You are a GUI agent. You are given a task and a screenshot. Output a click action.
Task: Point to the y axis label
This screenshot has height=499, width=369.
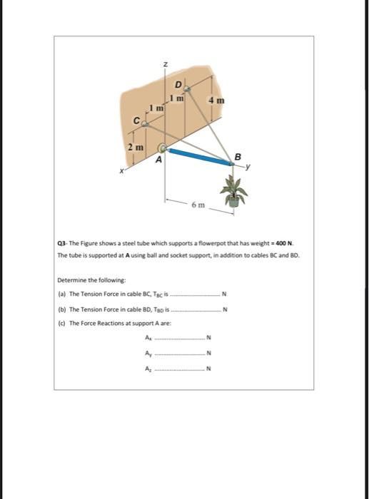coord(246,168)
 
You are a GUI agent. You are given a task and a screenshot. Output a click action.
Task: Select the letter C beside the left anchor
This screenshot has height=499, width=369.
coord(133,121)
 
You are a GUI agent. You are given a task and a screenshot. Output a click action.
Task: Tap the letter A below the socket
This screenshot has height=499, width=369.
coord(160,161)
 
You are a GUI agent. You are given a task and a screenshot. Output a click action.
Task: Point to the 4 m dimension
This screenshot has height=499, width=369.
coord(216,101)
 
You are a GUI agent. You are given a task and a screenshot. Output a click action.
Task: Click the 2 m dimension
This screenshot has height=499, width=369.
coord(135,146)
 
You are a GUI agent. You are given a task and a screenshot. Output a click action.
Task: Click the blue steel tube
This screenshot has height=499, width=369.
coord(200,157)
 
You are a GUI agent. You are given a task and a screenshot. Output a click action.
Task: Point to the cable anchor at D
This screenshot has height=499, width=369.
coord(187,89)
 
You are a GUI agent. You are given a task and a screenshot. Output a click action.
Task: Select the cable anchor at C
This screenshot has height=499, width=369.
coord(143,124)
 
